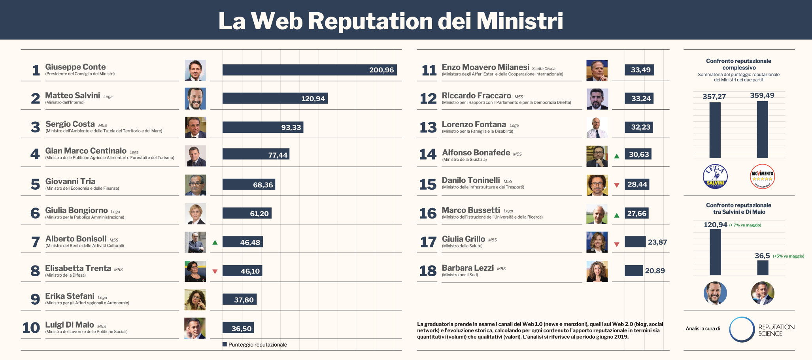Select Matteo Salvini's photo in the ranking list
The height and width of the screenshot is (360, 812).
tap(195, 99)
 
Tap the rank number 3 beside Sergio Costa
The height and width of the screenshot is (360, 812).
tap(36, 127)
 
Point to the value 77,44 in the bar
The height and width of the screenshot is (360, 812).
tap(278, 155)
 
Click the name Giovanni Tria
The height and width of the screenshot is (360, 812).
tap(70, 181)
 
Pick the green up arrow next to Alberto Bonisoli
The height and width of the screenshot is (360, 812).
tap(215, 242)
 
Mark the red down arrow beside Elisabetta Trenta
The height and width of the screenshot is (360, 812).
tap(215, 271)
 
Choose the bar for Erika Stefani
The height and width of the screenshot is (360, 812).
tap(240, 300)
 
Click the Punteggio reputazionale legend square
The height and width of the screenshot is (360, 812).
tap(225, 344)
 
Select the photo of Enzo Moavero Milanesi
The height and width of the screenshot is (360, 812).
tap(597, 70)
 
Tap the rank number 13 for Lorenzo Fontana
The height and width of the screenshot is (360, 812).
tap(428, 128)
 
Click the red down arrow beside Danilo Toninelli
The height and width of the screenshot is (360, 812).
tap(617, 185)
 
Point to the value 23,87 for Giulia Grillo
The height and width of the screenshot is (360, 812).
tap(657, 242)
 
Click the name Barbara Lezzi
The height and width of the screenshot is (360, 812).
tap(468, 268)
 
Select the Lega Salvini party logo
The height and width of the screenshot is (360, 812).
tap(715, 177)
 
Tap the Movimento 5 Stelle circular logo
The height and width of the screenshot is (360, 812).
tap(762, 177)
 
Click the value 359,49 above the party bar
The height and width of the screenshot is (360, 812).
tap(762, 95)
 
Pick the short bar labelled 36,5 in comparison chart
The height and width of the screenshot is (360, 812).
tap(763, 268)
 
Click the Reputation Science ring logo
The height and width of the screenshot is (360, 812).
tap(742, 329)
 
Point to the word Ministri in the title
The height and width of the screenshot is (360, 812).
tap(520, 21)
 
